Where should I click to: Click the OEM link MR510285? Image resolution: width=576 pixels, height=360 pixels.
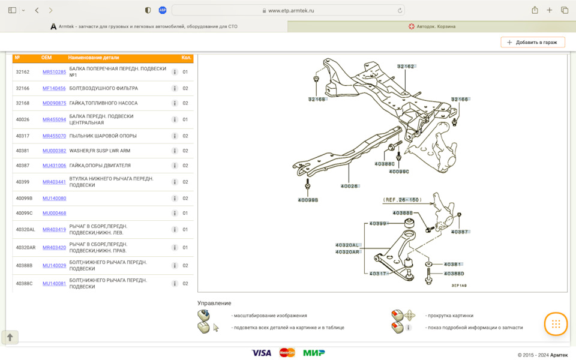coord(54,72)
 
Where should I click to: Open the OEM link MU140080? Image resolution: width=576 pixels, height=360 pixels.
coord(54,199)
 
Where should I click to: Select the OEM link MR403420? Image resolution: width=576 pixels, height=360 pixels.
coord(54,248)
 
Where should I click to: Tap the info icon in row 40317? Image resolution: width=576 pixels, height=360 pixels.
coord(175,136)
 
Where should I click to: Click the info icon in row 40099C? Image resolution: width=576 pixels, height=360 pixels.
coord(175,213)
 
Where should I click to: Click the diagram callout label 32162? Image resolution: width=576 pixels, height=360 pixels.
coord(406,67)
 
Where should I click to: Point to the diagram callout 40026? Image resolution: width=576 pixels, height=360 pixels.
coord(349,186)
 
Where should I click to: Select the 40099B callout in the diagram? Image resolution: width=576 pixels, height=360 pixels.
coord(308,200)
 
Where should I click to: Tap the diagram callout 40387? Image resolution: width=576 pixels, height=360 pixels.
coord(460,232)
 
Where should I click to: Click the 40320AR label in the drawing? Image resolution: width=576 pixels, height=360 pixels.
coord(347,252)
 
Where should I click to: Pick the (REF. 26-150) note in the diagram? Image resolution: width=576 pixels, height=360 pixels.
coord(402,200)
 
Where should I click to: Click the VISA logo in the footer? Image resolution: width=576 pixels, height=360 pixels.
coord(261,353)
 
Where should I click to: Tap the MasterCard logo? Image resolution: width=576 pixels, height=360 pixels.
coord(287,353)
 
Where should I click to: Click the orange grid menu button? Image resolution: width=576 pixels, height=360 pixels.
coord(556,324)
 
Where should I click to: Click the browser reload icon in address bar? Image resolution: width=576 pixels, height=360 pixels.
coord(400,11)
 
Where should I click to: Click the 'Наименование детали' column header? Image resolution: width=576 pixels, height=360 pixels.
coord(94,58)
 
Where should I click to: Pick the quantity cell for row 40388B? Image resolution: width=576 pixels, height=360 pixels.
coord(185,266)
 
